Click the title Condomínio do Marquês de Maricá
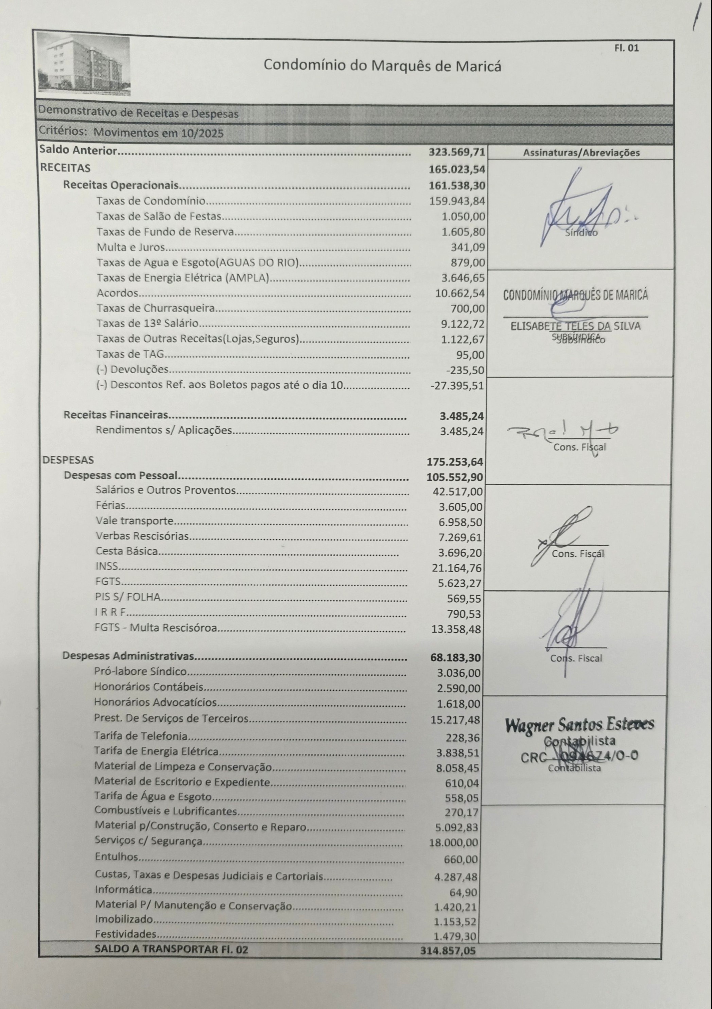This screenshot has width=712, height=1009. pos(382,66)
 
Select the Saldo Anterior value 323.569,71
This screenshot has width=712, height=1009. pos(457,152)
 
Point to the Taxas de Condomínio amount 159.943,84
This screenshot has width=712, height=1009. pos(457,201)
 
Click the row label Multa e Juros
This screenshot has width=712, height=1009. pos(131,247)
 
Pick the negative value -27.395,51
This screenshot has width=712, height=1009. pos(457,386)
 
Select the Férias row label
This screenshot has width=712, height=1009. pos(111,506)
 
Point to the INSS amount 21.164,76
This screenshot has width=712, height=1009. pos(457,568)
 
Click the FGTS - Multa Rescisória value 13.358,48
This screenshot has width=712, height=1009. pos(456,629)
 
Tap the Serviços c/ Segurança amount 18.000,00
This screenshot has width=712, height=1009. pos(454,843)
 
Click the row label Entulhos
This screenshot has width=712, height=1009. pos(117,857)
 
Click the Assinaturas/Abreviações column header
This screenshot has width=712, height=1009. pos(581,153)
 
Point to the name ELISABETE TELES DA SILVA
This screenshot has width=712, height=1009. pos(575,326)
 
